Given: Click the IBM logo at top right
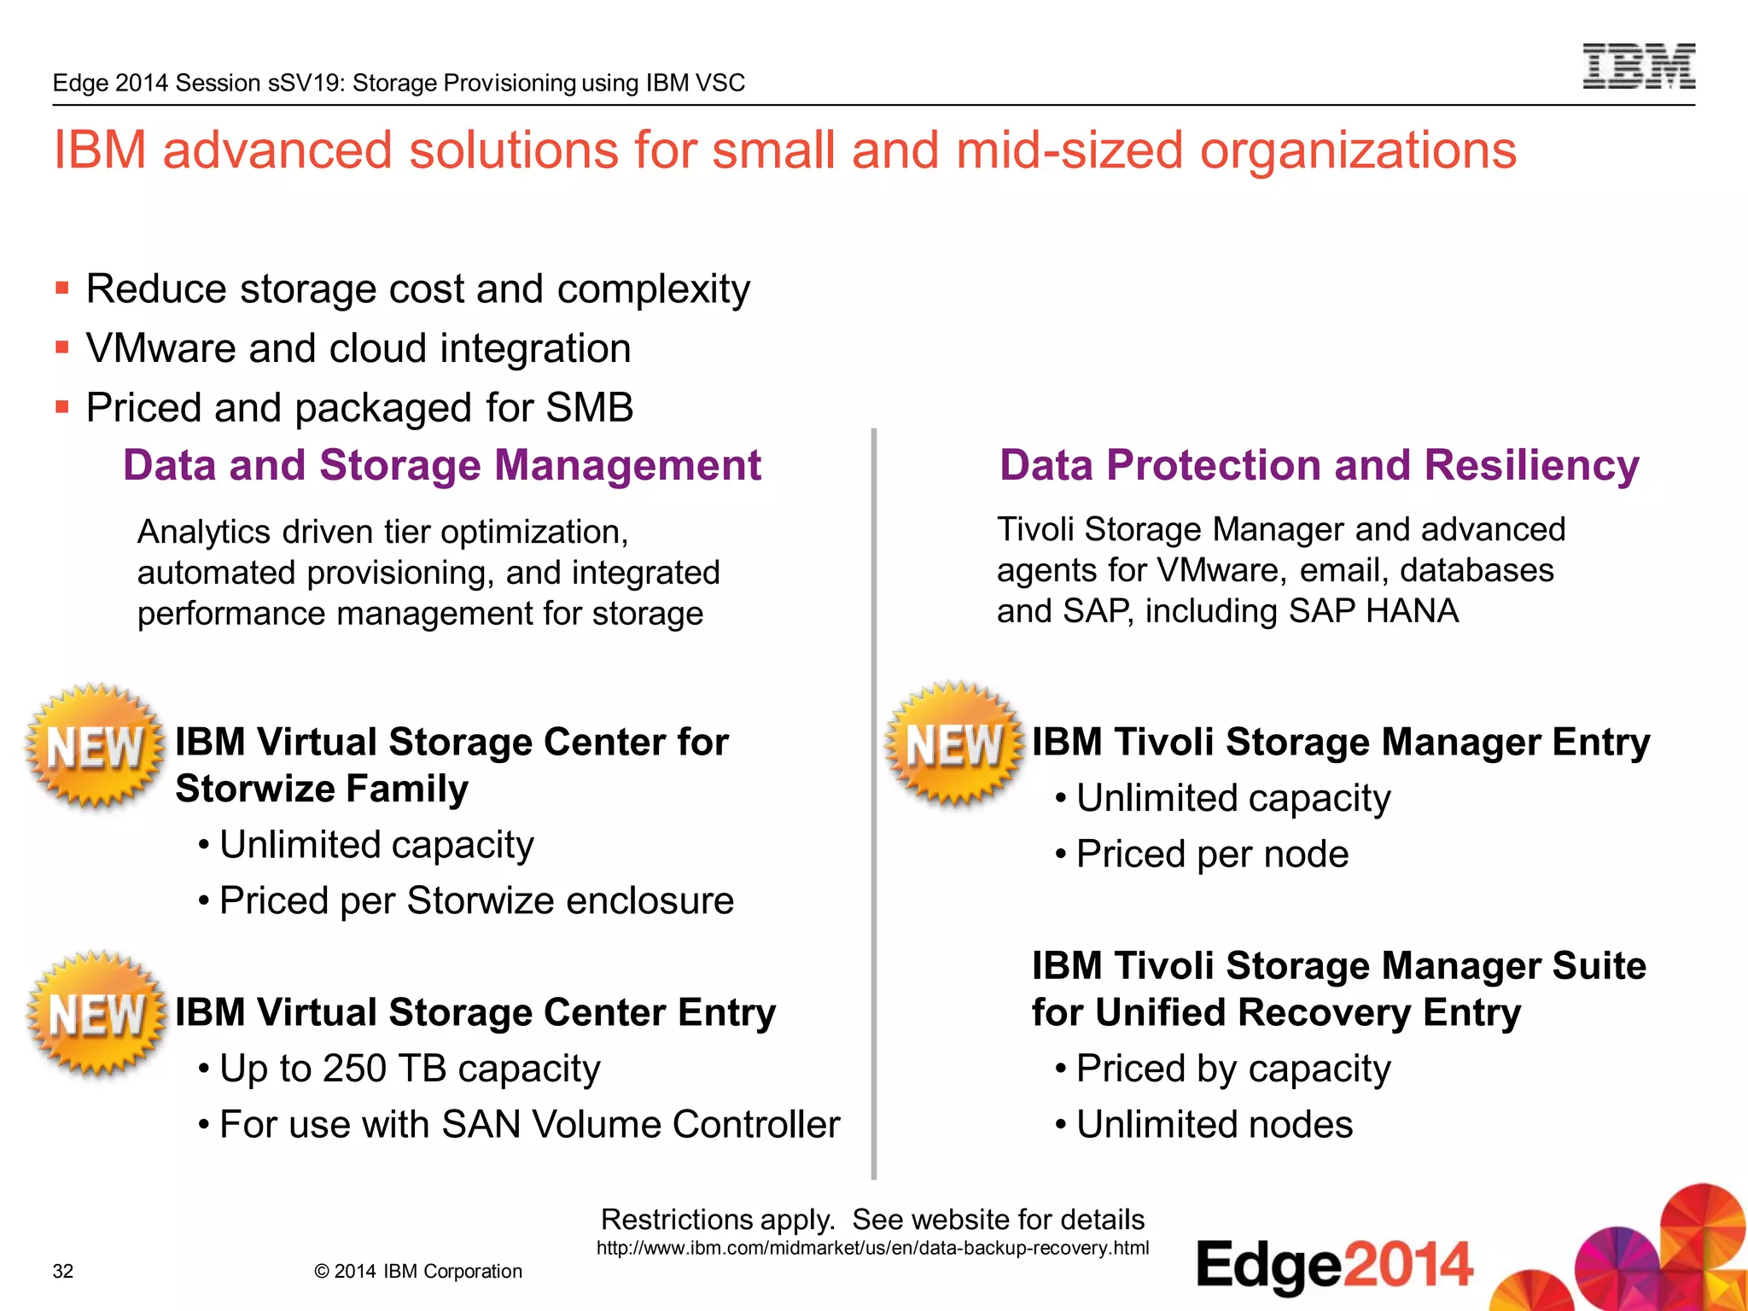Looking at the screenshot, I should tap(1639, 67).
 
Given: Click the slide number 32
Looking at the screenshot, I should tap(63, 1271).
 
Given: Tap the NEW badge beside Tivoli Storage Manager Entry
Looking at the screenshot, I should tap(954, 744).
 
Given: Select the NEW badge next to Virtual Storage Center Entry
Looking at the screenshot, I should tap(96, 1014).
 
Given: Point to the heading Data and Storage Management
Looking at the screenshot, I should tap(441, 466).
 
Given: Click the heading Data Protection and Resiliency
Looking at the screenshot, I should tap(1319, 466).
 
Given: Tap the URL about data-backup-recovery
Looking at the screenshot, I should tap(872, 1248).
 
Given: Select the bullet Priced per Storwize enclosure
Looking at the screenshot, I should tap(475, 900).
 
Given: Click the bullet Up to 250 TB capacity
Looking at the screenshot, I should tap(409, 1069).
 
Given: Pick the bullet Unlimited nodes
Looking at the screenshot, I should tap(1214, 1124).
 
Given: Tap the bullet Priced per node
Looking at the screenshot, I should tap(1212, 854).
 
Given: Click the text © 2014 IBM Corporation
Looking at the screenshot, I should tap(418, 1271).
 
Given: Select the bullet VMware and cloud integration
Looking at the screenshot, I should tap(358, 348).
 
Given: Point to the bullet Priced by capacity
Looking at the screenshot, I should tap(1232, 1069).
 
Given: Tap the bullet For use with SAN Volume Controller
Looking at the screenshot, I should tap(529, 1124).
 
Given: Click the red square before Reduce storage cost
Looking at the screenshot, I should tap(61, 288).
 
